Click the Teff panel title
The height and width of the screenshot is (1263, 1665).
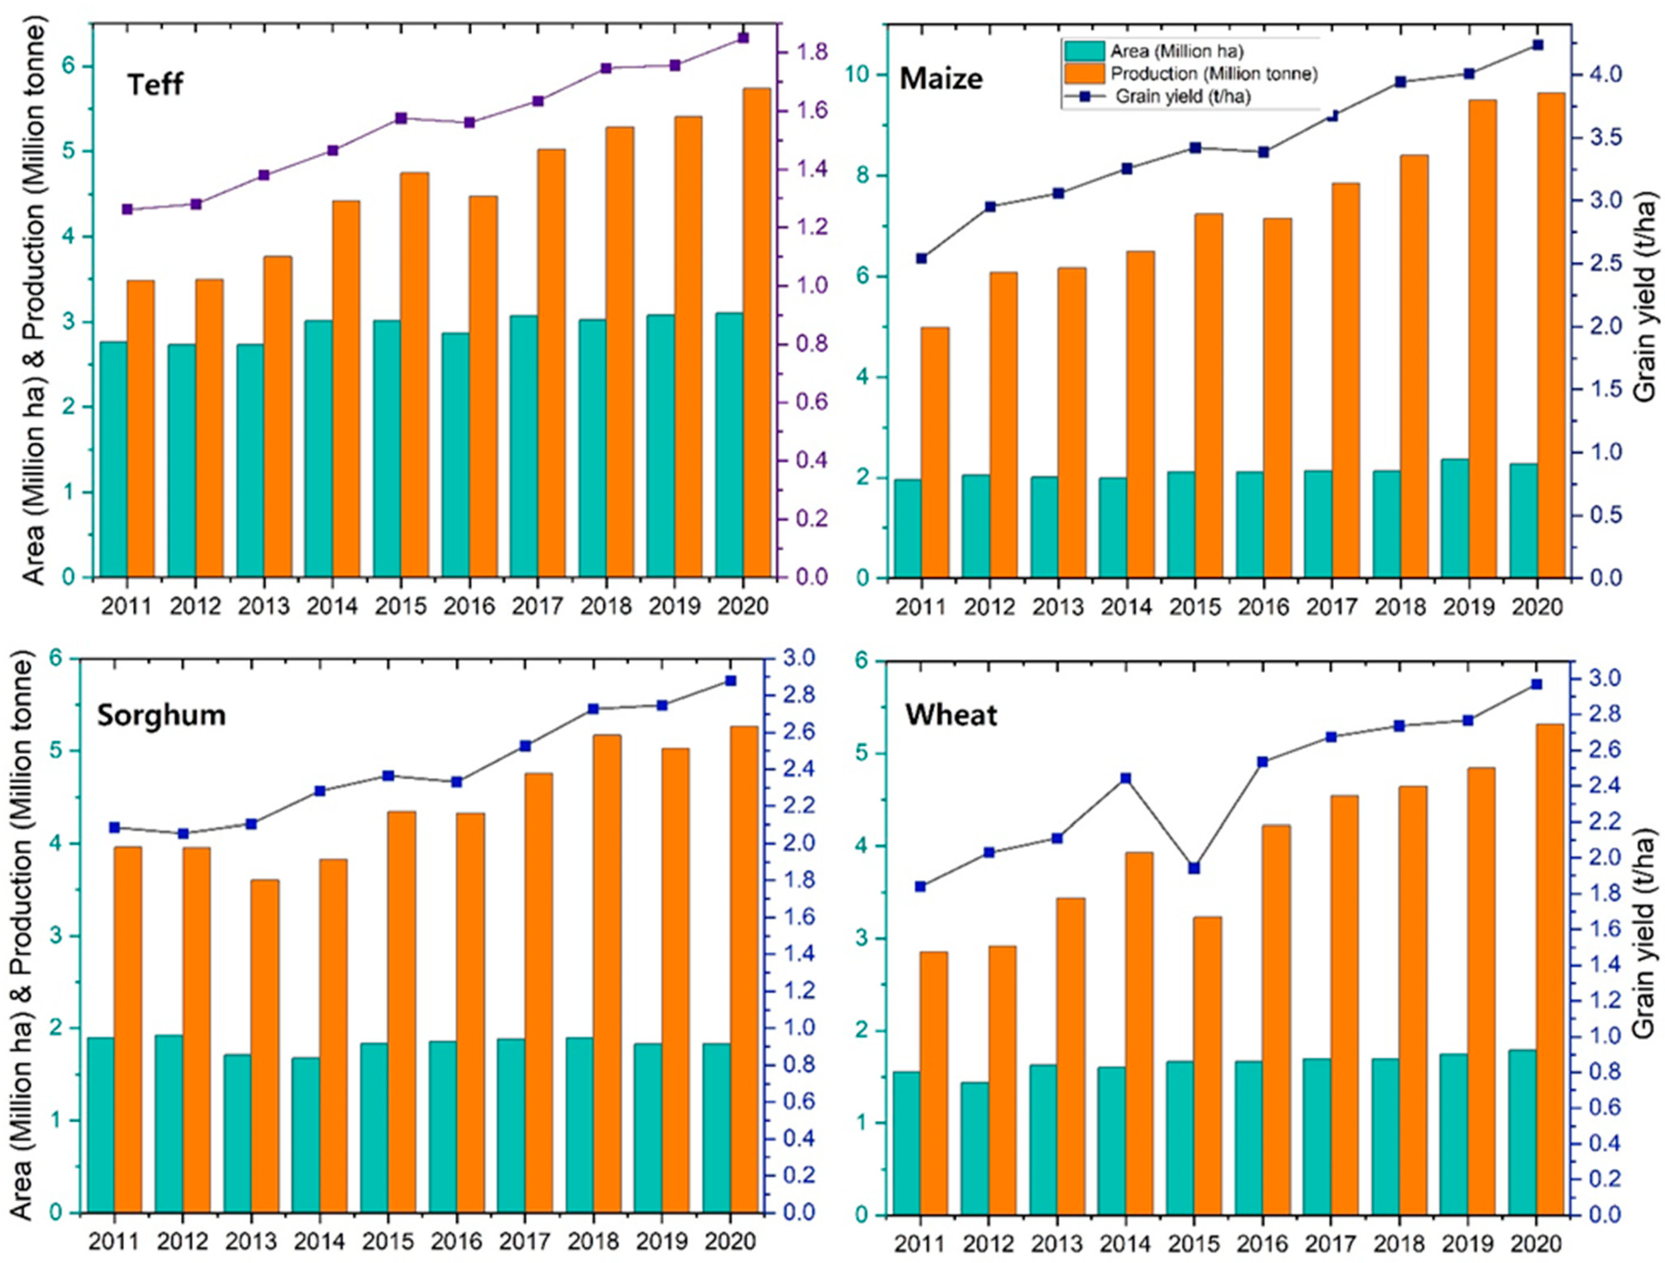coord(154,83)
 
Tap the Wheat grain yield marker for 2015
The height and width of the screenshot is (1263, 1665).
coord(1194,868)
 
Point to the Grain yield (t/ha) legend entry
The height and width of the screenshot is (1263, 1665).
coord(1182,97)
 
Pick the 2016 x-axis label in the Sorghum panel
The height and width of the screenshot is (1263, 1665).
coord(455,1240)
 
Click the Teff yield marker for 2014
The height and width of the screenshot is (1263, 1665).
coord(333,151)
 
